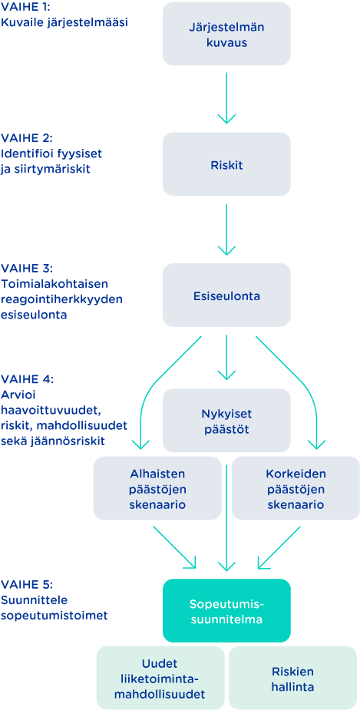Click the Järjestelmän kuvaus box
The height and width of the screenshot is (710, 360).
pyautogui.click(x=226, y=34)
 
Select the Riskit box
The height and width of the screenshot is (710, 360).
pyautogui.click(x=226, y=164)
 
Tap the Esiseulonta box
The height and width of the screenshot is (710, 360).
pyautogui.click(x=226, y=296)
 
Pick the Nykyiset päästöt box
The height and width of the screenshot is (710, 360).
pyautogui.click(x=226, y=420)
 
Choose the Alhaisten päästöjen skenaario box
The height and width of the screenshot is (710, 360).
pyautogui.click(x=157, y=488)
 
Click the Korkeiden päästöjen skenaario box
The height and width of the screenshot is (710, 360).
pyautogui.click(x=296, y=488)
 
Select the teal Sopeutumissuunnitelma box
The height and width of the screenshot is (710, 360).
pyautogui.click(x=226, y=610)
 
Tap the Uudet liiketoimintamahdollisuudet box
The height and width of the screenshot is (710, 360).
pyautogui.click(x=160, y=678)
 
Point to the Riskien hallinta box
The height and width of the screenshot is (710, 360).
pyautogui.click(x=293, y=678)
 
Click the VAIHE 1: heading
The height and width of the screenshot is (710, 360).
pyautogui.click(x=27, y=8)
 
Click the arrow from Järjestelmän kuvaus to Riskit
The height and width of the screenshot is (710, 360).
pyautogui.click(x=226, y=98)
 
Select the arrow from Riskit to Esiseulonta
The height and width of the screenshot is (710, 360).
pyautogui.click(x=226, y=230)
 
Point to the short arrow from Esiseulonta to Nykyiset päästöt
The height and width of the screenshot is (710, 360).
pyautogui.click(x=226, y=358)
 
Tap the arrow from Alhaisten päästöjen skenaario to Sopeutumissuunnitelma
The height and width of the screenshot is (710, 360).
pyautogui.click(x=175, y=547)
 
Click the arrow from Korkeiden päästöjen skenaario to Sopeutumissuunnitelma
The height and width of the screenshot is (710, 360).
pyautogui.click(x=279, y=547)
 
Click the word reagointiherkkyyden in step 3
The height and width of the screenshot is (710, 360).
pyautogui.click(x=62, y=300)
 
